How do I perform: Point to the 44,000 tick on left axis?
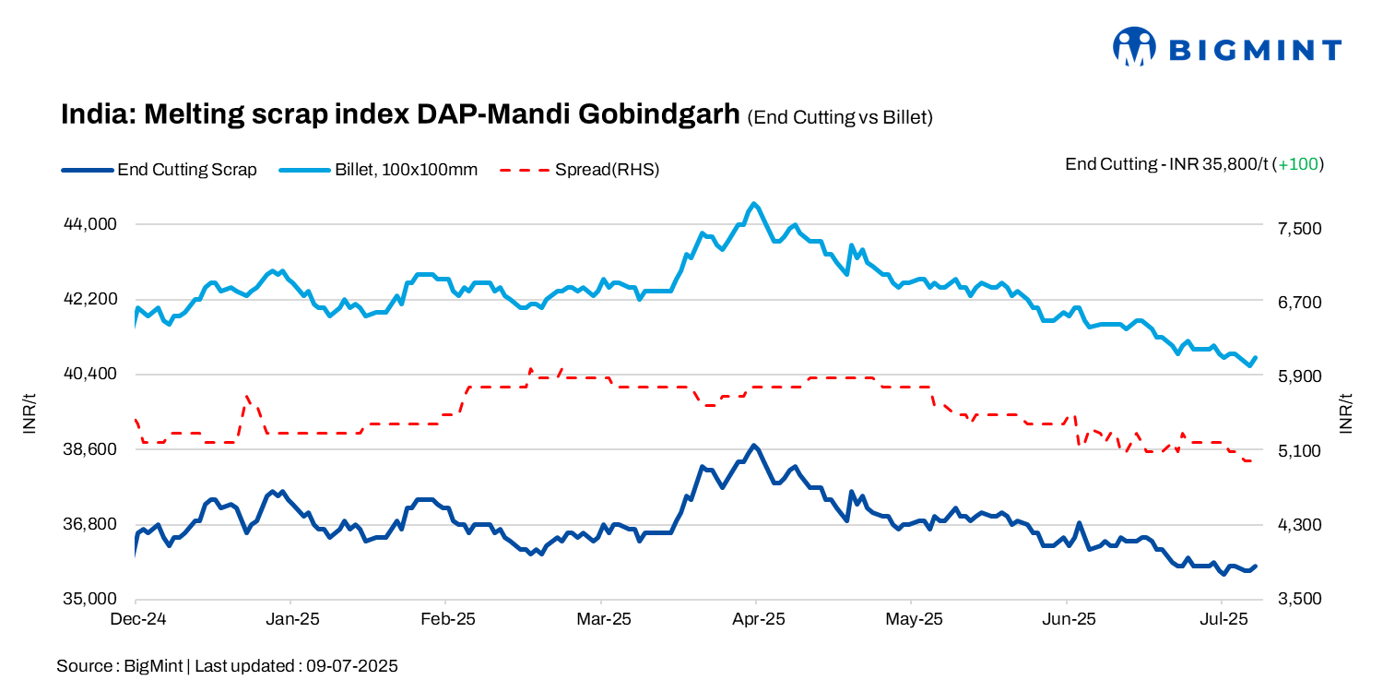click(x=89, y=224)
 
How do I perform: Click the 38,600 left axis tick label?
click(x=89, y=449)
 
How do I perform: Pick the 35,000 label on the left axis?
click(x=89, y=599)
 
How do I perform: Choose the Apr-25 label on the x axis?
click(x=757, y=619)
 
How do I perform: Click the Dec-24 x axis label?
click(x=136, y=619)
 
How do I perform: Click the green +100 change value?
click(x=1298, y=164)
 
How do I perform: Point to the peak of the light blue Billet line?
click(x=755, y=203)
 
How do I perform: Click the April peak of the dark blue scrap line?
click(x=754, y=446)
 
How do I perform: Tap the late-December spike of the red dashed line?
click(x=247, y=397)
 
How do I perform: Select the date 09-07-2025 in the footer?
click(x=353, y=665)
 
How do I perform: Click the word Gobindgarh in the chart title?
click(x=659, y=114)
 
